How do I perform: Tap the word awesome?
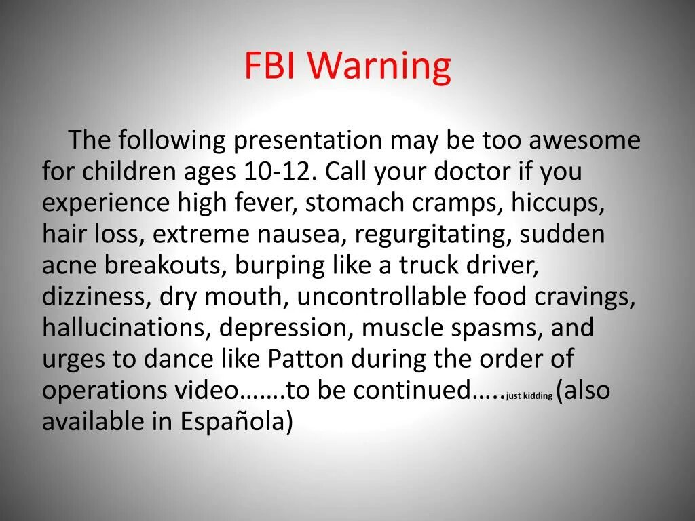[x=584, y=140]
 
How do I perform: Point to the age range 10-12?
[x=278, y=172]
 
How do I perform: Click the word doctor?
[x=472, y=172]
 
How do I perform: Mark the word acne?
[x=70, y=266]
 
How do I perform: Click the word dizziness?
[x=94, y=297]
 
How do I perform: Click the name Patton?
[x=305, y=359]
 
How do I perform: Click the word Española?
[x=232, y=422]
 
